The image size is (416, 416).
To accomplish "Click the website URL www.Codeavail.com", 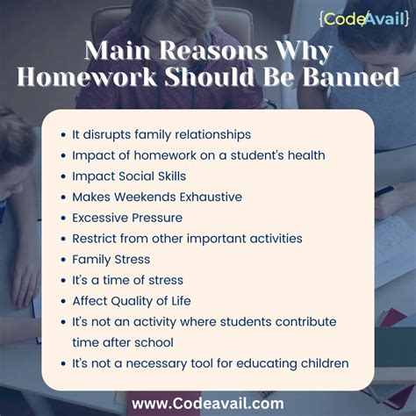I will [208, 403].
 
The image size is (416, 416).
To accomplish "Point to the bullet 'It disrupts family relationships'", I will [161, 134].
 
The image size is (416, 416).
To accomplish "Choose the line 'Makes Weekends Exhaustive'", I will [157, 197].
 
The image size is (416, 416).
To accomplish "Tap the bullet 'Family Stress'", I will [111, 259].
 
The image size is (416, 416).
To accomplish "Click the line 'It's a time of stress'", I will [128, 280].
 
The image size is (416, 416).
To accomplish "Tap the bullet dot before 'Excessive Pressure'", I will [63, 218].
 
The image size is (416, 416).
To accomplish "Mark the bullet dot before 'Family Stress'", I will [63, 259].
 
